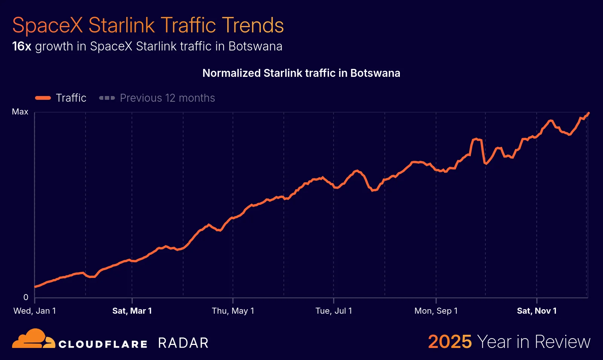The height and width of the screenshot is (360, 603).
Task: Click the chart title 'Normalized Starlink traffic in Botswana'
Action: click(301, 73)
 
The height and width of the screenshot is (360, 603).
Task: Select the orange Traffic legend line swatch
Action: click(43, 98)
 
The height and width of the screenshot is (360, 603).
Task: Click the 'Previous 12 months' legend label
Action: click(167, 98)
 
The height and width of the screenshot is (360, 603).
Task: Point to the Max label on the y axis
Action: click(20, 112)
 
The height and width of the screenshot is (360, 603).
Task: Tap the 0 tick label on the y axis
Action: click(26, 297)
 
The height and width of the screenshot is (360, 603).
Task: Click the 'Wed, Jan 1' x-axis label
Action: click(35, 311)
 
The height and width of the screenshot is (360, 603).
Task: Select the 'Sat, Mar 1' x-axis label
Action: click(132, 311)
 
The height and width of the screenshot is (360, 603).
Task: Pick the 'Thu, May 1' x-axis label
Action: click(233, 311)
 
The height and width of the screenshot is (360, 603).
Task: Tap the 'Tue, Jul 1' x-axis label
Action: click(334, 311)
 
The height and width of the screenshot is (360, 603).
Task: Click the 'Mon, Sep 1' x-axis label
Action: click(436, 311)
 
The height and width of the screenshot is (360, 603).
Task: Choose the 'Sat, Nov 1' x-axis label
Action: click(537, 311)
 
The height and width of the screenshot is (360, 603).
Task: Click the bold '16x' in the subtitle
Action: click(21, 46)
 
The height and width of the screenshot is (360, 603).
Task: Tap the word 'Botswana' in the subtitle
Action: click(255, 46)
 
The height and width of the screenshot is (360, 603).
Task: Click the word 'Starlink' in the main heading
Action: click(121, 25)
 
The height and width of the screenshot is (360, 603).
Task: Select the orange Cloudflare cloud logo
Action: click(33, 339)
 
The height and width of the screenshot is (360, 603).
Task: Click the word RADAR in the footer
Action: click(183, 343)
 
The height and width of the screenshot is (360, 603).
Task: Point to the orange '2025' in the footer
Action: click(450, 342)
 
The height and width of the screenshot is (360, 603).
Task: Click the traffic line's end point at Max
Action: click(589, 113)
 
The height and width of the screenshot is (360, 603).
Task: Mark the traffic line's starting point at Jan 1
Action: click(35, 287)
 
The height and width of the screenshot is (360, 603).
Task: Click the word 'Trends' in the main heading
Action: click(253, 25)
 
